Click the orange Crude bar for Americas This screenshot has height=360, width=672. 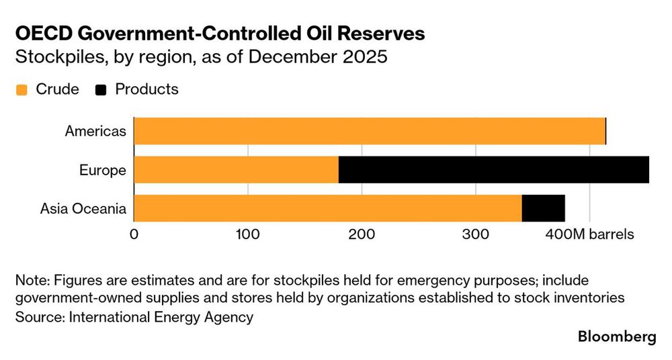point(370,131)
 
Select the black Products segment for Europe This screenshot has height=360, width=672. point(494,170)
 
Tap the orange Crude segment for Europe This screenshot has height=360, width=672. point(237,170)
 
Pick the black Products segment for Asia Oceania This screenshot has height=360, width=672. point(543,208)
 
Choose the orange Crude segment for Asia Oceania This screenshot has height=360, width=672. point(328,208)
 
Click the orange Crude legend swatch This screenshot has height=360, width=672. point(22,90)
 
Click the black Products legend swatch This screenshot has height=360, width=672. point(101,90)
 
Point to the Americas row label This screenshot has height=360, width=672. point(95,131)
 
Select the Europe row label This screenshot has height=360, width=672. point(103,170)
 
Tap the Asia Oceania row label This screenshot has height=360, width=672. point(83,209)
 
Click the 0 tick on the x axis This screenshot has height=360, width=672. point(134,234)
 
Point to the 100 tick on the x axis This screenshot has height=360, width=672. point(248,234)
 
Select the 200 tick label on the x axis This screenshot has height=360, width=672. point(362,234)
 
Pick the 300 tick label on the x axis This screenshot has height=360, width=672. point(476,234)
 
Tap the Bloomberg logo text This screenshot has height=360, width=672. point(617,337)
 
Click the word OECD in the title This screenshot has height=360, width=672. point(42,34)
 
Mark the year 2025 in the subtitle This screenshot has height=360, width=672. point(366,56)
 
